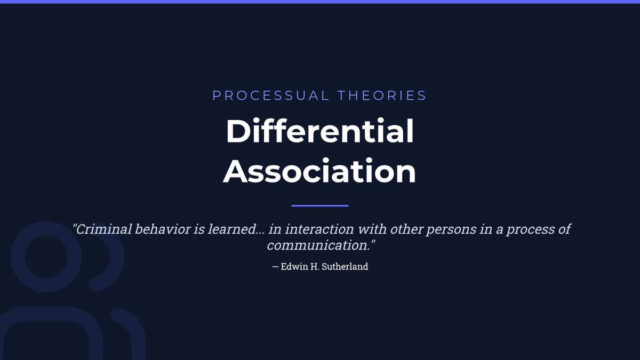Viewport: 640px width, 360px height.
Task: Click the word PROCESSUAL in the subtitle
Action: (271, 95)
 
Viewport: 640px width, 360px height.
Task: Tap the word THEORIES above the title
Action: (382, 95)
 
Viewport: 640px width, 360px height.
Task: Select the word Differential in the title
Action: (319, 131)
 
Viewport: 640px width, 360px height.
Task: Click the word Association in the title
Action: (319, 171)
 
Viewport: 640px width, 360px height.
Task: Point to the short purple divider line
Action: (320, 205)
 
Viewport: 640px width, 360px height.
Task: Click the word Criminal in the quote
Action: (102, 229)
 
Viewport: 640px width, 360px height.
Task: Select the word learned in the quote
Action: (232, 229)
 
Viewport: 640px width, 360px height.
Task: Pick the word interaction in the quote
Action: (319, 229)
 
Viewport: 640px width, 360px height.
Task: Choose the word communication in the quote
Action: (318, 245)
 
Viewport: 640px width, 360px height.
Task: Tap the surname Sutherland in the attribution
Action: (345, 267)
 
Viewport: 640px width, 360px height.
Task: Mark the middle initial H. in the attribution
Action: (315, 267)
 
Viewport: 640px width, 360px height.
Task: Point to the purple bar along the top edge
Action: (320, 2)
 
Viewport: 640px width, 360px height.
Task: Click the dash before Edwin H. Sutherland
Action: (275, 267)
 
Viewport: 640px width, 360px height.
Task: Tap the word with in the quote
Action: (372, 229)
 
